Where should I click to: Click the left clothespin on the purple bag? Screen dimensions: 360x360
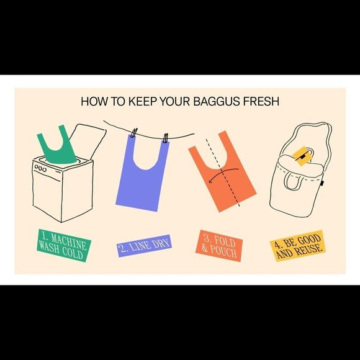(134, 133)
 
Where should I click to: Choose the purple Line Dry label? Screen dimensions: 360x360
(143, 245)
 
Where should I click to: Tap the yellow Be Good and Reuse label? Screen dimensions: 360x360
(297, 245)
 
